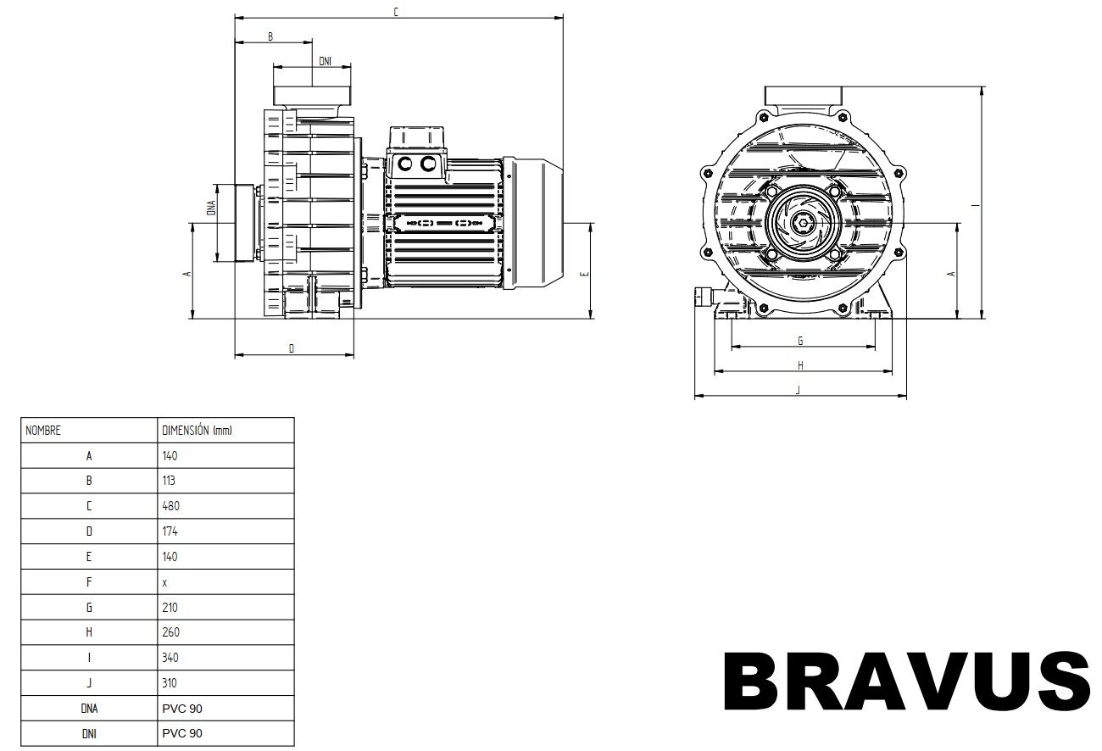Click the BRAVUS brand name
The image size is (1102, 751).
pyautogui.click(x=908, y=681)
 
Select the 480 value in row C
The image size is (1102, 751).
pyautogui.click(x=170, y=505)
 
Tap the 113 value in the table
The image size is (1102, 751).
pyautogui.click(x=168, y=481)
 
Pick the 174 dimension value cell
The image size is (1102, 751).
pyautogui.click(x=170, y=531)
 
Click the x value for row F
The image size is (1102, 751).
pyautogui.click(x=164, y=583)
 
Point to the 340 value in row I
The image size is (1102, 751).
pyautogui.click(x=170, y=658)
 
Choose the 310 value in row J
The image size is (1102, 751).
pyautogui.click(x=170, y=682)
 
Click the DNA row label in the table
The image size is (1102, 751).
pyautogui.click(x=89, y=709)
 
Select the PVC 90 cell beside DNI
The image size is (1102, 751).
pyautogui.click(x=182, y=733)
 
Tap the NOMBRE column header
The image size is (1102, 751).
pyautogui.click(x=42, y=431)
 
